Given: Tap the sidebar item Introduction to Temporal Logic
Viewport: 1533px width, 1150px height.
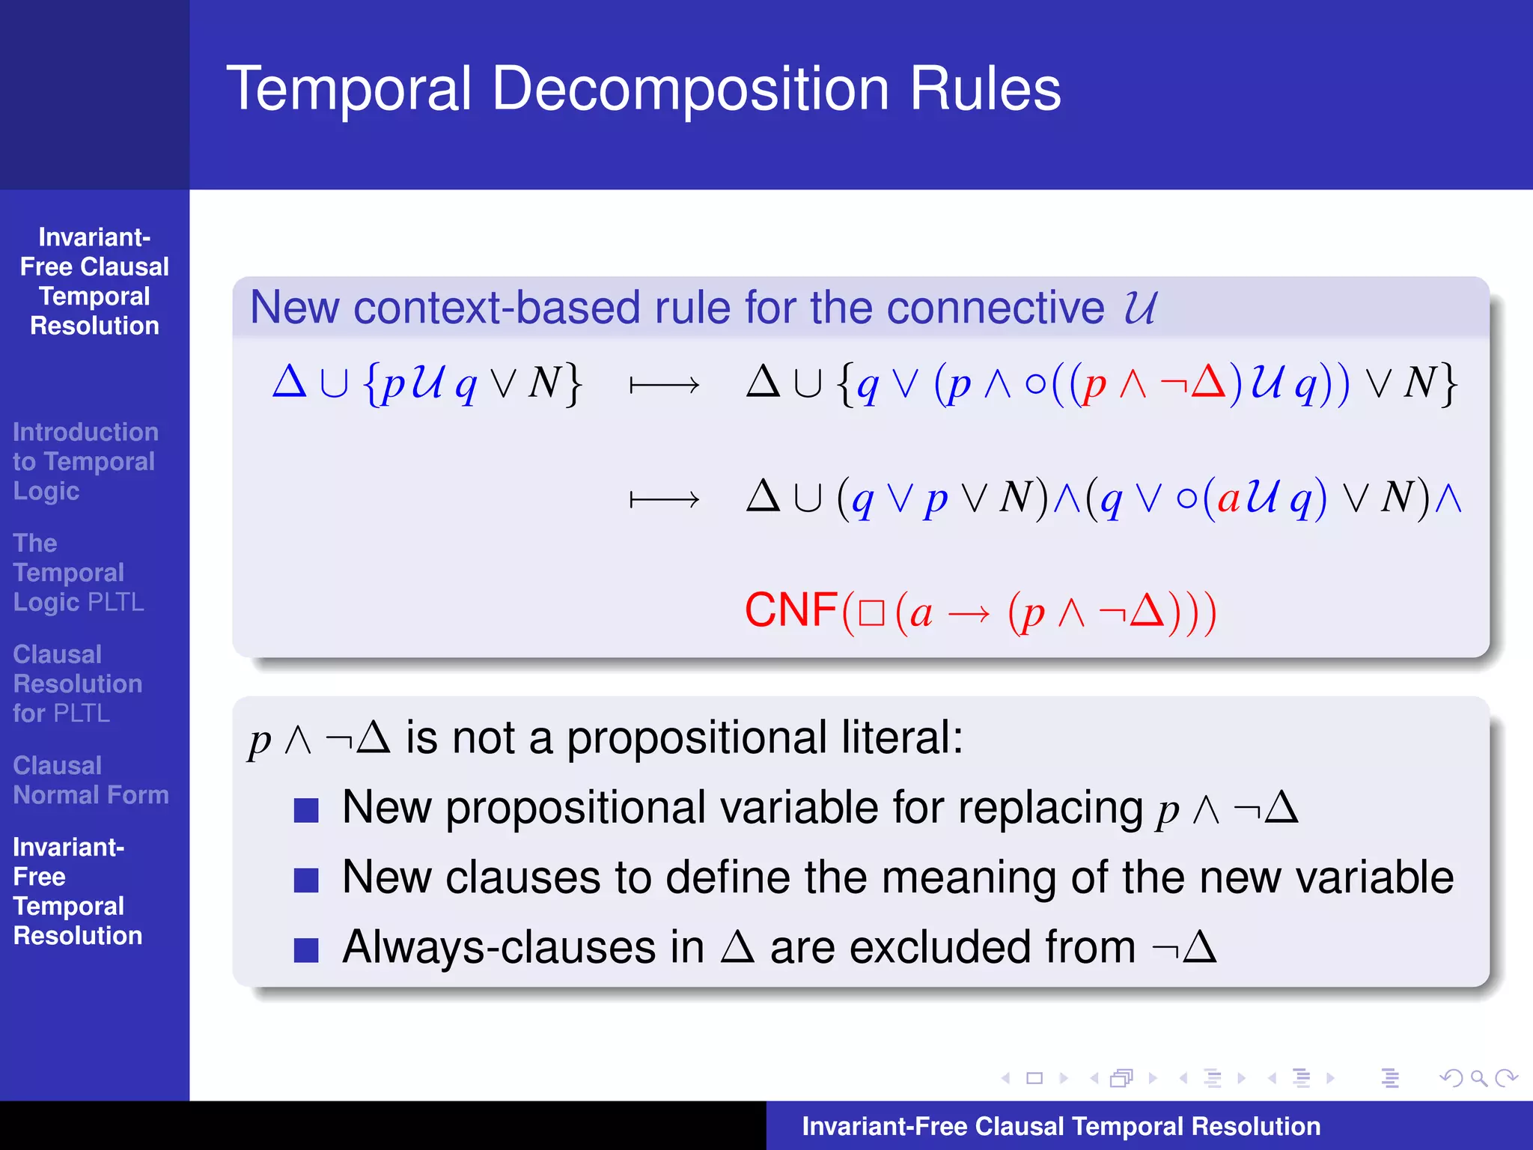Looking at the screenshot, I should tap(85, 461).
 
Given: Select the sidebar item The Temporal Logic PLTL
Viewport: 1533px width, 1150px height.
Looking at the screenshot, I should tap(78, 573).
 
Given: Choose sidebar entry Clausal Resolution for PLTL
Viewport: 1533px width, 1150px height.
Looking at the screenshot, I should tap(77, 684).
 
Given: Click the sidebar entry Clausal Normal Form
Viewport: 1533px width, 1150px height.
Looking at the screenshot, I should tap(91, 780).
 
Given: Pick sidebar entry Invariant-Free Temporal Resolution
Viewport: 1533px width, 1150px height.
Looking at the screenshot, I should tap(77, 891).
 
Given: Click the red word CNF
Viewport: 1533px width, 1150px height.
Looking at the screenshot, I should tap(790, 609).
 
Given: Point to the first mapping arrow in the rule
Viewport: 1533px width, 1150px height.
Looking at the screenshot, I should tap(664, 386).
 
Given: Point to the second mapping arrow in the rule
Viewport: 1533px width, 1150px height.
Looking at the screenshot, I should tap(664, 499).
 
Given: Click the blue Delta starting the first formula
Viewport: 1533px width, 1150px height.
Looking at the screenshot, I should tap(289, 382).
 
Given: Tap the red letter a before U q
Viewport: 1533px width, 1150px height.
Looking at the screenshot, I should tap(1228, 498).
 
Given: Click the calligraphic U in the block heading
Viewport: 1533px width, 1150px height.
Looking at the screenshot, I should tap(1139, 308).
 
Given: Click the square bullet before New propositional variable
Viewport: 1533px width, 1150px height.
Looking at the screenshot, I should tap(306, 810).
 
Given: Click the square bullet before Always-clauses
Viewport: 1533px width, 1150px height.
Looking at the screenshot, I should tap(306, 949).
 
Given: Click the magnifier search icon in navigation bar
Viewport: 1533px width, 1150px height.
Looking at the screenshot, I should tap(1478, 1078).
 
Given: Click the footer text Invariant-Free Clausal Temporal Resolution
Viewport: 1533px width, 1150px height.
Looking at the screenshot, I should tap(1061, 1126).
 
